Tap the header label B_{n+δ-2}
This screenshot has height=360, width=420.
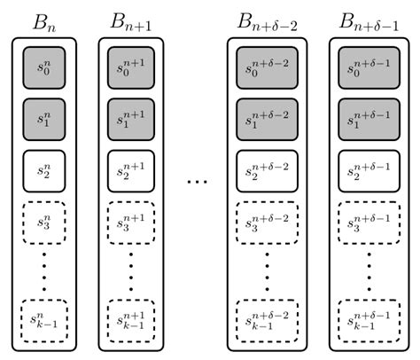[268, 19]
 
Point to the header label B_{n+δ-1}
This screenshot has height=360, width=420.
[369, 19]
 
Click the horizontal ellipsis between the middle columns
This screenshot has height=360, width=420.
[198, 184]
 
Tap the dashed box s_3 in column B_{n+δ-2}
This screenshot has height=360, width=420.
[268, 223]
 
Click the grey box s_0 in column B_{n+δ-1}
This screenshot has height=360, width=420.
[369, 67]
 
